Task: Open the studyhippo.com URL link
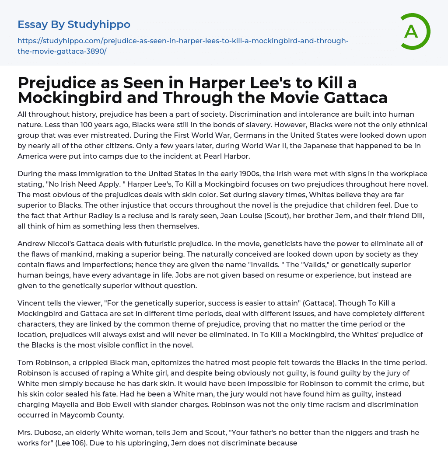(183, 46)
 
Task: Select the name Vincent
(32, 303)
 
